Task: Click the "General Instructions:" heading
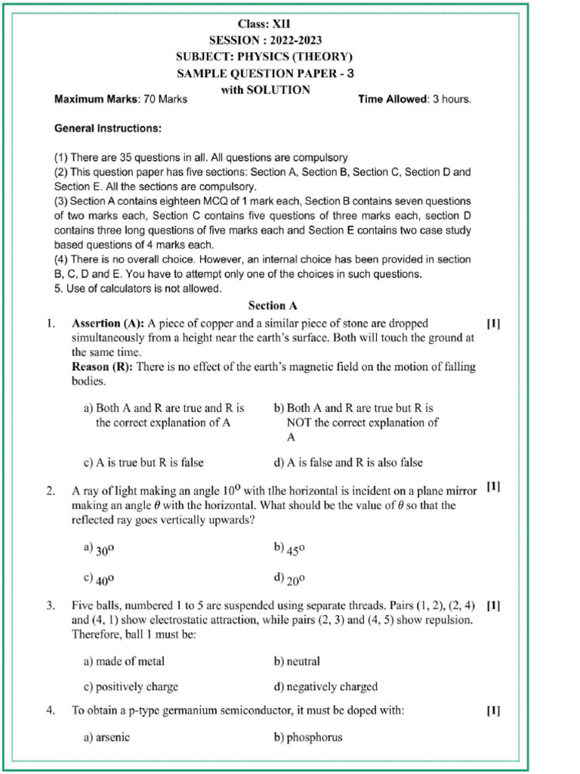click(107, 128)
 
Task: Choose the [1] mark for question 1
click(492, 324)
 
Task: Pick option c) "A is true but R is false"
click(143, 463)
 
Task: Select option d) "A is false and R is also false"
click(348, 463)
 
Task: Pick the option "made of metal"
click(124, 661)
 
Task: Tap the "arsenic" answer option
click(106, 737)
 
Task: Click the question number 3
click(51, 605)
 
